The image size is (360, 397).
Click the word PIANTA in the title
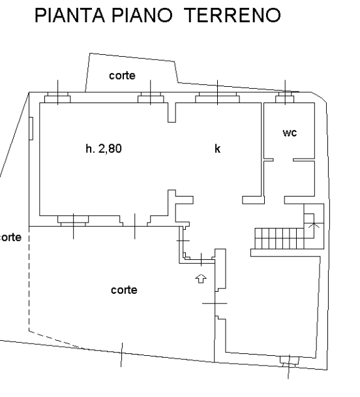click(70, 15)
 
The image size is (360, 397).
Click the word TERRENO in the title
click(232, 15)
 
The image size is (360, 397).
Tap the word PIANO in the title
click(142, 15)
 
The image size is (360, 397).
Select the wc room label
click(290, 133)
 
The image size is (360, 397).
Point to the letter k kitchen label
click(217, 149)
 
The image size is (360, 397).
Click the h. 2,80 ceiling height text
click(104, 149)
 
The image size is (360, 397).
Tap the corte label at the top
click(122, 76)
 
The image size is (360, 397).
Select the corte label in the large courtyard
click(124, 290)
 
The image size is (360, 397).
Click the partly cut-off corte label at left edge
click(10, 238)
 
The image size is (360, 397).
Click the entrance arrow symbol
click(201, 279)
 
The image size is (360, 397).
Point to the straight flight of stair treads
click(279, 238)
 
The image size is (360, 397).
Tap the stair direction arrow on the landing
click(314, 225)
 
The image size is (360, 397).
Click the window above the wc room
click(285, 97)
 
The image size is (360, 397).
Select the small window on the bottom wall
click(289, 362)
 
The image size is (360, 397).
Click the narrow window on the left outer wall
click(31, 129)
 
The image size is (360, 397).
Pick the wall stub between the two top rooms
click(172, 112)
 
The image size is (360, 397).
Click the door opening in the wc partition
click(283, 160)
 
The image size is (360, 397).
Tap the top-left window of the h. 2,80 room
click(57, 97)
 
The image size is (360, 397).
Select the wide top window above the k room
click(217, 97)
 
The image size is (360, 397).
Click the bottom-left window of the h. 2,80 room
click(73, 221)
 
